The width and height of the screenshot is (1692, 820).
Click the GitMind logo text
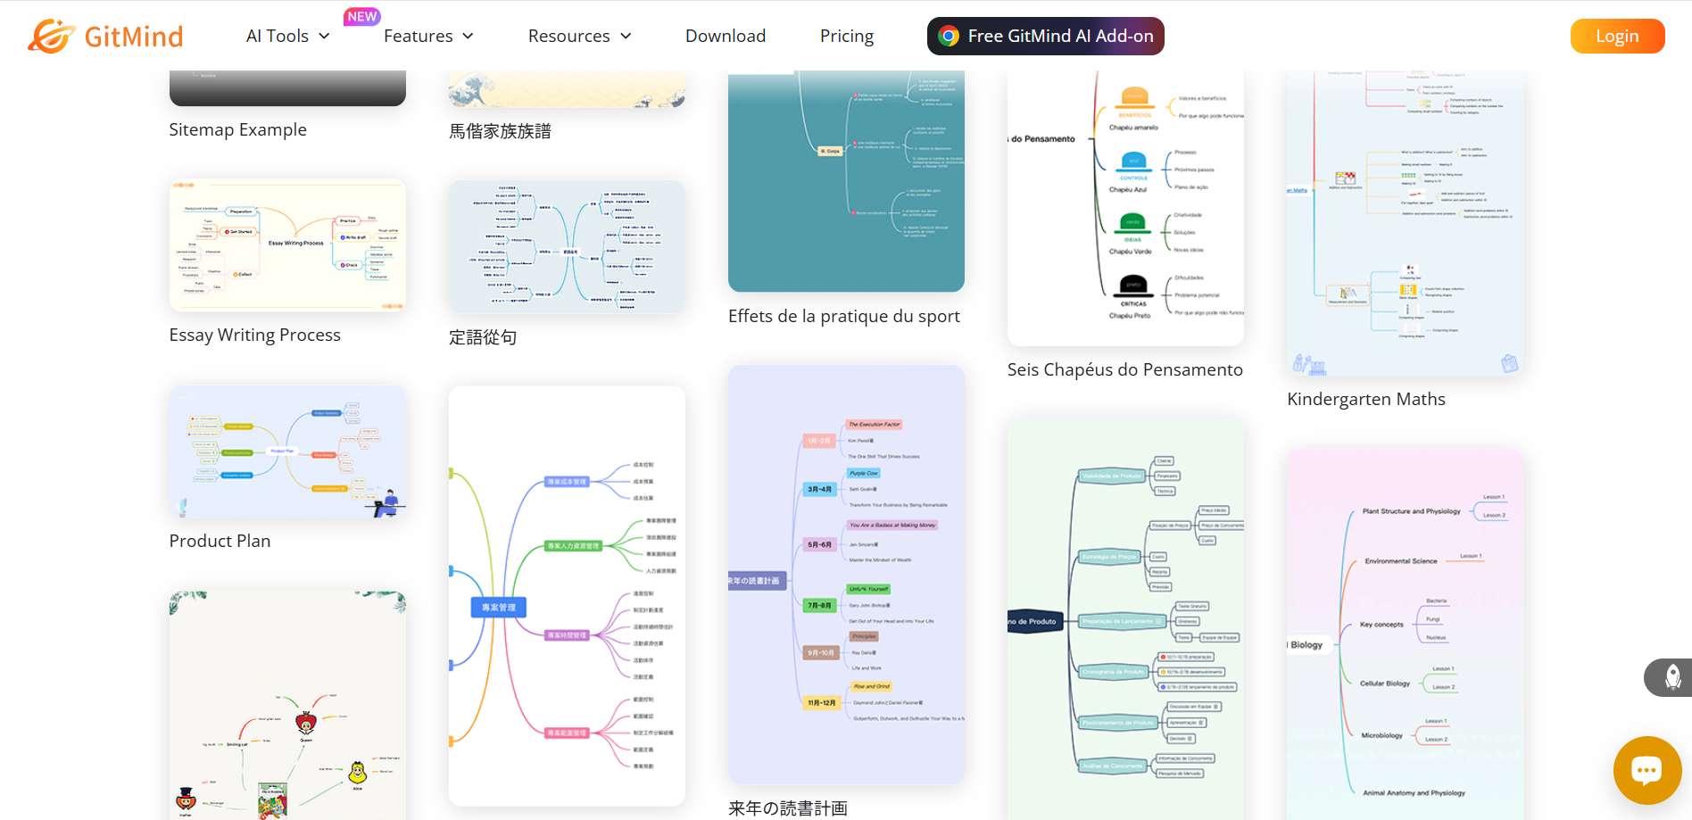[133, 37]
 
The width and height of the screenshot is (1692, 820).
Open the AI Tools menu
[287, 37]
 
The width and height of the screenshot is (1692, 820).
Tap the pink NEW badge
[362, 16]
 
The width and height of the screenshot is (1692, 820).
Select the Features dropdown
[428, 37]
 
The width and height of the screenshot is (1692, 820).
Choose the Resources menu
[579, 37]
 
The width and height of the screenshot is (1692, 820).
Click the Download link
[726, 37]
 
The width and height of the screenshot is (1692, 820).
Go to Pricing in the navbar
[847, 37]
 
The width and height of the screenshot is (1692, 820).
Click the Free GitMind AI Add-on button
[1045, 37]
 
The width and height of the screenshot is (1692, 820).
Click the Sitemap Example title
[238, 130]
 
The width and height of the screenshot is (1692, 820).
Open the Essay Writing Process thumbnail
[287, 245]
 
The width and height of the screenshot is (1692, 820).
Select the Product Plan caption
[220, 542]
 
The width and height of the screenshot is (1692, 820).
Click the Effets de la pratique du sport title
[844, 317]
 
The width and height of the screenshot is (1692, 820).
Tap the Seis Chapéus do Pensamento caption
[1124, 370]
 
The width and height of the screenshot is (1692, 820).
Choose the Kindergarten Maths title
[1366, 400]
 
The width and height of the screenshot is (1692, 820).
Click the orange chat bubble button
[1646, 769]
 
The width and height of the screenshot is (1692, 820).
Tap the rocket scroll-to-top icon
[1672, 677]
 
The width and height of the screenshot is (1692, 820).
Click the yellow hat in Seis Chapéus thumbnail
[1134, 97]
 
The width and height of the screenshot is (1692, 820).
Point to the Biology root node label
[1306, 645]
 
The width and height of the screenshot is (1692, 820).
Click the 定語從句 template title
[483, 338]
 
